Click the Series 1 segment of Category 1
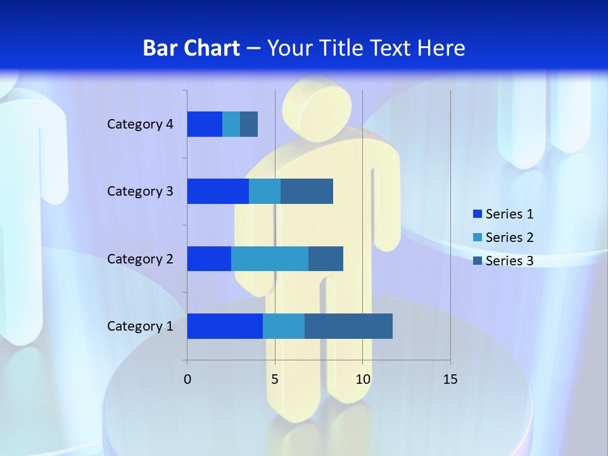(x=225, y=326)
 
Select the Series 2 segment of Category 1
(x=284, y=326)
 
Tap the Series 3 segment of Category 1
(x=348, y=326)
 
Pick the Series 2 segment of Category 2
(x=270, y=258)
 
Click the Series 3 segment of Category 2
(x=326, y=258)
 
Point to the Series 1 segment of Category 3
(x=218, y=191)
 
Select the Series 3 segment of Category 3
(x=307, y=191)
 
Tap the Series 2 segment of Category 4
(x=231, y=124)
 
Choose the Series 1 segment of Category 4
(x=205, y=124)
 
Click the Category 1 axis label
(x=140, y=326)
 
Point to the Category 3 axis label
(x=140, y=191)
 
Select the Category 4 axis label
(x=140, y=124)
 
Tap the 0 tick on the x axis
(x=187, y=379)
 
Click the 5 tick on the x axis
(x=275, y=379)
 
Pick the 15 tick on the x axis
(x=450, y=379)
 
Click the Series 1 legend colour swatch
(x=478, y=214)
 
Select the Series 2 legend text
(x=509, y=237)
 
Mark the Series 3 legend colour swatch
(x=478, y=260)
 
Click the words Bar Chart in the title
(x=191, y=48)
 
